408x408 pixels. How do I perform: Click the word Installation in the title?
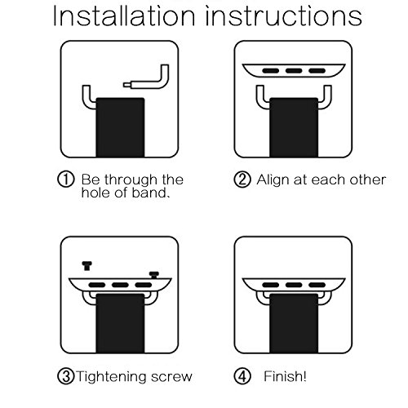[x=124, y=16]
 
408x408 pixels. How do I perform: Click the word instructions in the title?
[x=284, y=16]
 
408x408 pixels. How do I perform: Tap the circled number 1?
[x=65, y=180]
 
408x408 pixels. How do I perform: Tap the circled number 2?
[x=242, y=180]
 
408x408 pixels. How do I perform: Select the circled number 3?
[x=65, y=376]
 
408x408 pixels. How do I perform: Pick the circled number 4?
[x=242, y=376]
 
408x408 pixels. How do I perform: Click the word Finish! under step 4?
[x=285, y=376]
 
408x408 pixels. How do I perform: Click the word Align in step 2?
[x=273, y=180]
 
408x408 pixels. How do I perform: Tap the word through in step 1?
[x=131, y=180]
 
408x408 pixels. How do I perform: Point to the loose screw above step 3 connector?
[x=86, y=266]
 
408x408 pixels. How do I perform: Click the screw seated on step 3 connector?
[x=153, y=275]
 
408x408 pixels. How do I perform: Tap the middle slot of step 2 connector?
[x=294, y=71]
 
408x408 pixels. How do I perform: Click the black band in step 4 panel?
[x=294, y=323]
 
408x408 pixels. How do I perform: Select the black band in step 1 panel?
[x=120, y=127]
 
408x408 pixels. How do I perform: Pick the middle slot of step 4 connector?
[x=294, y=285]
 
